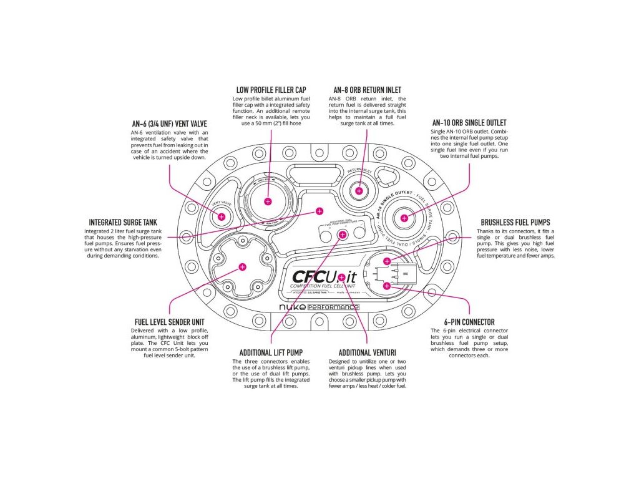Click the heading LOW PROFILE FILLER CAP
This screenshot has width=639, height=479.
[271, 90]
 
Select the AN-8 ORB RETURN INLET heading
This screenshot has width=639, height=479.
[367, 90]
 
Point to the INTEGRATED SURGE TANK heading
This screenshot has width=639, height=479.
[123, 221]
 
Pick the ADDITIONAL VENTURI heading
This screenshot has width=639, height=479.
[367, 352]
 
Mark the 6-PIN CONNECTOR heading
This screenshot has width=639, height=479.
[469, 322]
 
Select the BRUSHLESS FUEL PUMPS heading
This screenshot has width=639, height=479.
[515, 222]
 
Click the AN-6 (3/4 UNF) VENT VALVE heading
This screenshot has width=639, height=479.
[170, 122]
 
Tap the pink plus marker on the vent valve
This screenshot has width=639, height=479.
[221, 216]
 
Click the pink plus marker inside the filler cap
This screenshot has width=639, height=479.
[268, 201]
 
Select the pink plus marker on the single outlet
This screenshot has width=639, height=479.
[404, 218]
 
